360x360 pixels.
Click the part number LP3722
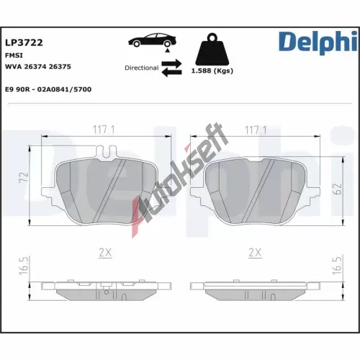coord(24,42)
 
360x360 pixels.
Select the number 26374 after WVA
coord(35,66)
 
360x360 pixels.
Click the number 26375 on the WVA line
coord(60,66)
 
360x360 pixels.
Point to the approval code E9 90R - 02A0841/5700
coord(48,89)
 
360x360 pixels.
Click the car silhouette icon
coord(153,40)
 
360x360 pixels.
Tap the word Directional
coord(142,68)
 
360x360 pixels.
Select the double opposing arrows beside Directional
coord(171,68)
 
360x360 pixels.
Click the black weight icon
coord(212,50)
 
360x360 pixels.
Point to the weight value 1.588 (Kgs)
coord(212,71)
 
